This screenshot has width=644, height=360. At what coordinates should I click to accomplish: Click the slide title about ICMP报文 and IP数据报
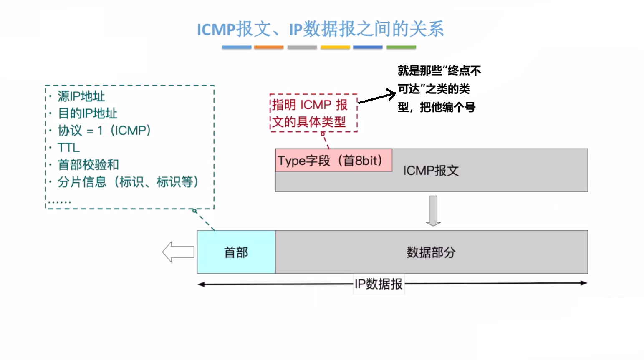coord(320,29)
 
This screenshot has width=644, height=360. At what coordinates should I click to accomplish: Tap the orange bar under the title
coord(269,48)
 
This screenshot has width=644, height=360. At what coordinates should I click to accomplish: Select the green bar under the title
coord(401,48)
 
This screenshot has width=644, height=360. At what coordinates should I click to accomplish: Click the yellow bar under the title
coord(335,48)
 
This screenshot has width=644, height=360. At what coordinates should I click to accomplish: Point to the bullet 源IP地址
coord(81,96)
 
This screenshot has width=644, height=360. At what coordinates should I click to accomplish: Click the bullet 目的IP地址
coord(87,113)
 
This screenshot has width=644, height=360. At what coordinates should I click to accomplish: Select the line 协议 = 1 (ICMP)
coord(104,131)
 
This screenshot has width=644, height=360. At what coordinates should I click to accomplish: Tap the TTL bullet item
coord(68,148)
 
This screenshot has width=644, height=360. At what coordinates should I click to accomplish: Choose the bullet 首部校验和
coord(88,165)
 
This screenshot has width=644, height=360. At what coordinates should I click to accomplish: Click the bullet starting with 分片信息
coord(128,182)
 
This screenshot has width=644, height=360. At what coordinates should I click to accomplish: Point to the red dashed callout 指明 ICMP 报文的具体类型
coord(313,113)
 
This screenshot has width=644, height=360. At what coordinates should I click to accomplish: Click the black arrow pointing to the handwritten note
coord(376,97)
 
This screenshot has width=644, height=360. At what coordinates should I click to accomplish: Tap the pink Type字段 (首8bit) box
coord(333,160)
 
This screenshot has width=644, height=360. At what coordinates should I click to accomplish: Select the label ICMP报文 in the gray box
coord(431,171)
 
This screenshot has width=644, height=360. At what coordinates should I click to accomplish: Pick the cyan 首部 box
coord(236,252)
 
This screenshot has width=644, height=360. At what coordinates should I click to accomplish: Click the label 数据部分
coord(431,252)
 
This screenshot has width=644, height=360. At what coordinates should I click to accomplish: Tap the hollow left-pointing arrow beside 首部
coord(178,252)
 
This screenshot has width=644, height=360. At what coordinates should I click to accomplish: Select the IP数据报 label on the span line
coord(379,284)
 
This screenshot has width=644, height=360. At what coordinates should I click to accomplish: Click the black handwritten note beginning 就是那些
coord(439,89)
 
